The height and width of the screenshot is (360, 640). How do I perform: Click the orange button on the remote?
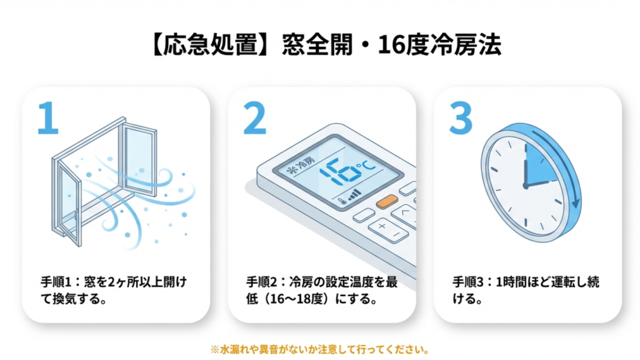coord(387,201)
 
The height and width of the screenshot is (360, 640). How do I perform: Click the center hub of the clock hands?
coord(526,186)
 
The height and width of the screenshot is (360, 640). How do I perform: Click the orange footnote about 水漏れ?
coord(320,349)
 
